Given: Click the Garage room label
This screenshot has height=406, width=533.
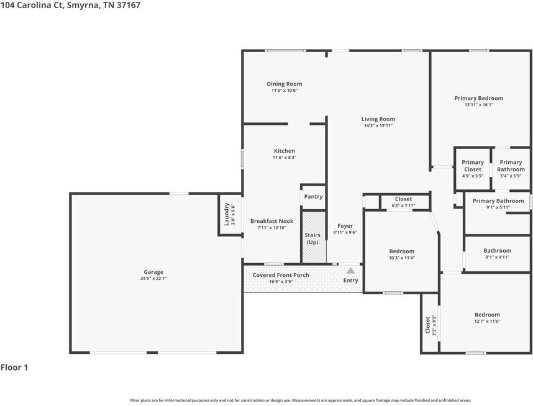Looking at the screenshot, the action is click(x=153, y=272).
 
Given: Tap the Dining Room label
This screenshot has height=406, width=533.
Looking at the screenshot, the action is click(x=284, y=84).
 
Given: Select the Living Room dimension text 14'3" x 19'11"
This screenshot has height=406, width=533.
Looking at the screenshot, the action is click(x=378, y=125).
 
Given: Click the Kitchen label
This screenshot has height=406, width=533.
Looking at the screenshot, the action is click(x=285, y=151).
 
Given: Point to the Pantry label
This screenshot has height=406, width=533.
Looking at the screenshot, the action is click(x=314, y=197).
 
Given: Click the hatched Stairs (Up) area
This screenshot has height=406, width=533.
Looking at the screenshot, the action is click(x=314, y=237).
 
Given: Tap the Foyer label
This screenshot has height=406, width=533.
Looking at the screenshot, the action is click(x=345, y=226).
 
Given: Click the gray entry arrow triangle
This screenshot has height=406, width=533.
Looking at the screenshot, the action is click(x=351, y=271).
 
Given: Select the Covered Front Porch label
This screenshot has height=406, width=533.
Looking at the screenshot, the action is click(x=281, y=275).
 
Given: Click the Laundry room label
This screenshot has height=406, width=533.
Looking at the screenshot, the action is click(x=226, y=214).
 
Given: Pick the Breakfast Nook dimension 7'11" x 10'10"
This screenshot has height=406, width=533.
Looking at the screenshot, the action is click(x=271, y=228).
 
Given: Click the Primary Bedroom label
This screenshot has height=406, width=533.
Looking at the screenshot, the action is click(x=479, y=98).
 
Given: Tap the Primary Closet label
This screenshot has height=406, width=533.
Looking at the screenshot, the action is click(x=473, y=166).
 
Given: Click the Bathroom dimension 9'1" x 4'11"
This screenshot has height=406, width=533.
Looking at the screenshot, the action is click(x=498, y=257).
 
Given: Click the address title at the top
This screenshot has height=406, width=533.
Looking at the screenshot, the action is click(x=70, y=5).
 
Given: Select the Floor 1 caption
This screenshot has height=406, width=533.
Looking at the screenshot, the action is click(x=14, y=368).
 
